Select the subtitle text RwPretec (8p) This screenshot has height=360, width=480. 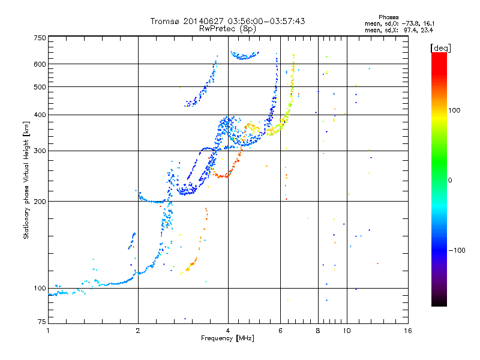pos(227,29)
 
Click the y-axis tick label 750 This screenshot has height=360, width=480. pos(40,38)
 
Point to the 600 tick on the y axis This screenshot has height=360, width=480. pos(40,64)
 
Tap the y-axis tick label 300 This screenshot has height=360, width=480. pos(40,151)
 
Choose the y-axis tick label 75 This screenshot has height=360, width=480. pos(42,322)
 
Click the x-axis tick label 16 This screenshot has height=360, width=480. pos(408,331)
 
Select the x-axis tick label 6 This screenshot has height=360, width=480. pos(280,331)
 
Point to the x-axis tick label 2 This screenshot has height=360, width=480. pos(138,331)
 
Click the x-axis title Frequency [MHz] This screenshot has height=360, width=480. pos(227,338)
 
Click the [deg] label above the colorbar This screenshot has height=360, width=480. pos(440,49)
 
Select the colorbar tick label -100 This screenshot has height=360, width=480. pos(457,250)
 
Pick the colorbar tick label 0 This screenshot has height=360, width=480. pos(450,181)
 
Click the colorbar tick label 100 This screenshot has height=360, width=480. pos(454,110)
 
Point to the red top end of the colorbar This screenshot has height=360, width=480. pos(439,53)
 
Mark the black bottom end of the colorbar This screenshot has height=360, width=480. pos(439,305)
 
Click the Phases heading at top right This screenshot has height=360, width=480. pos(388,17)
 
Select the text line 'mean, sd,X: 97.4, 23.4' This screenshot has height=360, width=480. pos(399,31)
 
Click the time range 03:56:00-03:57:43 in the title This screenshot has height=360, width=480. pos(266,21)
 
